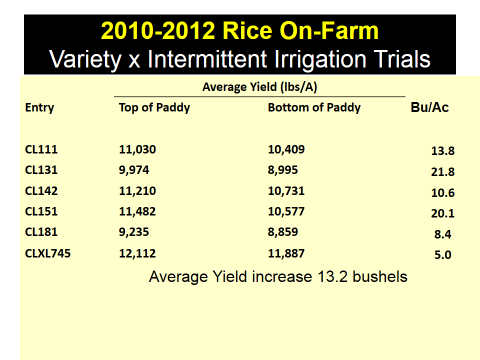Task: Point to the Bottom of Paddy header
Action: [313, 108]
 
